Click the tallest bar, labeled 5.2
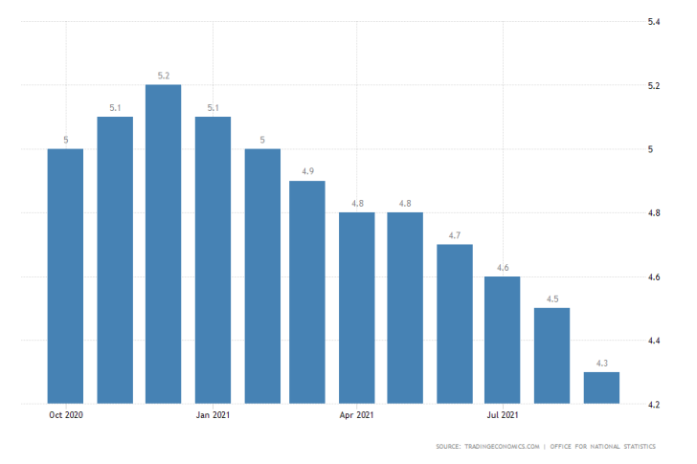(x=163, y=244)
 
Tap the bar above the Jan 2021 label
(x=212, y=260)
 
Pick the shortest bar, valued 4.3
(x=601, y=387)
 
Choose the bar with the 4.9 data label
(x=307, y=292)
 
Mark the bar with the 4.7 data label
(x=455, y=323)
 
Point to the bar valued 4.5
(x=552, y=355)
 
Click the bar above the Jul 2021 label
(x=503, y=340)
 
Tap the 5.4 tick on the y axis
(x=655, y=22)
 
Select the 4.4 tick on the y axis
(x=655, y=341)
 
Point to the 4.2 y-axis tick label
(x=655, y=405)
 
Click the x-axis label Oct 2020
(x=65, y=415)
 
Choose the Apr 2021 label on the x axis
(x=356, y=415)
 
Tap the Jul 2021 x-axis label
(x=503, y=415)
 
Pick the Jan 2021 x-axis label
(x=212, y=415)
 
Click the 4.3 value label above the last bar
(x=601, y=363)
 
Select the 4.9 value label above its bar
(x=307, y=171)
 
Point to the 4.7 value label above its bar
(x=455, y=235)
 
